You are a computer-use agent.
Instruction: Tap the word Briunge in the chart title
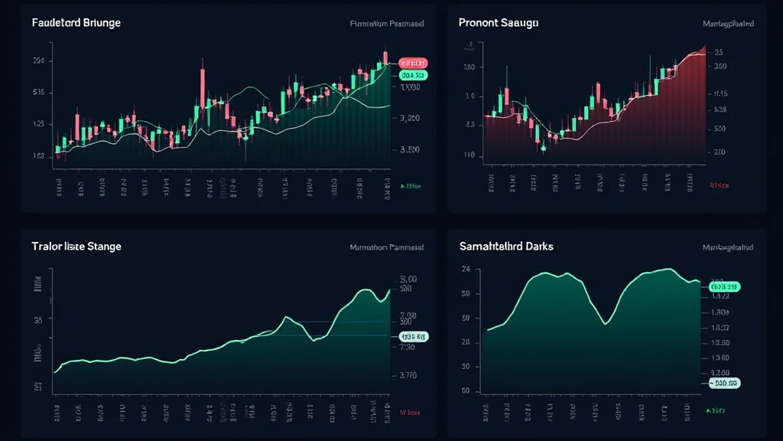point(102,23)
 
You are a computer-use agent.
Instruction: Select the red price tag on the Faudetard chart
point(413,62)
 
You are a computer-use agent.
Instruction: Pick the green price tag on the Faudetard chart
point(413,76)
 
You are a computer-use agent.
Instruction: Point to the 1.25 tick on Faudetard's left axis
point(38,124)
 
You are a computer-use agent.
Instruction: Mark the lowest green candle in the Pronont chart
point(542,145)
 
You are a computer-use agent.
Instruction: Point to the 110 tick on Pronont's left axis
point(469,155)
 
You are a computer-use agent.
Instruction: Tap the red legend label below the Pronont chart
point(718,185)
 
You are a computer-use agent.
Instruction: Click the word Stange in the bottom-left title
point(105,247)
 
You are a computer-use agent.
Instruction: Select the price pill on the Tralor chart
point(414,336)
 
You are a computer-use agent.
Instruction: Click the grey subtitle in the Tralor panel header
point(387,247)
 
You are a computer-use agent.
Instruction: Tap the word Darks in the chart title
point(540,247)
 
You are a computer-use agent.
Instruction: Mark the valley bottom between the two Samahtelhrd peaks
point(606,323)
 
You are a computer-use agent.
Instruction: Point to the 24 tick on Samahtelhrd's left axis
point(466,269)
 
